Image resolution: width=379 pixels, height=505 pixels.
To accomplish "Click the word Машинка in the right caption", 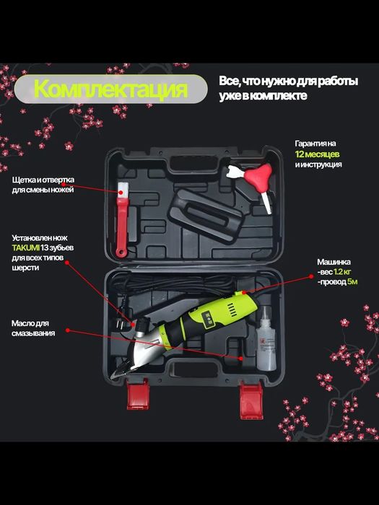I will coord(335,261).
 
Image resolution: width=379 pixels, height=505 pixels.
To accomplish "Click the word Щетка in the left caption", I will coord(22,180).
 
